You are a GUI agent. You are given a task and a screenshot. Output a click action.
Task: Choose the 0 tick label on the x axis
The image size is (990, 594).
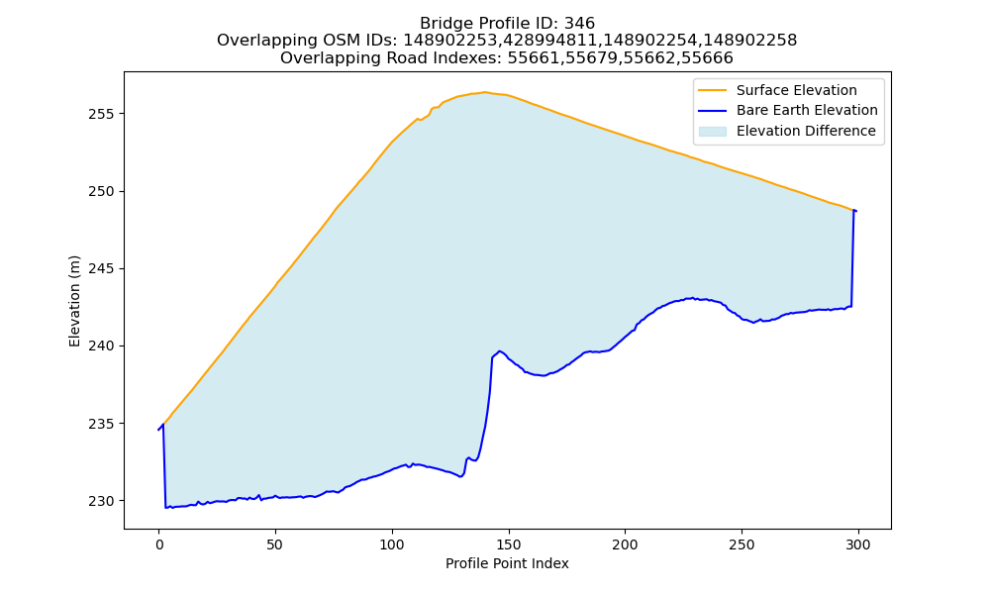click(158, 544)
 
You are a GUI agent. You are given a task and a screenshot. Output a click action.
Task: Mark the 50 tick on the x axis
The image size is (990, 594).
click(275, 544)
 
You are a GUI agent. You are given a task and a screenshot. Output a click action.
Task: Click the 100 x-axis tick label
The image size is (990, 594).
click(391, 544)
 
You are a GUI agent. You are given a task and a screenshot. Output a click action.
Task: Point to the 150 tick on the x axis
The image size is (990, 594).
click(508, 544)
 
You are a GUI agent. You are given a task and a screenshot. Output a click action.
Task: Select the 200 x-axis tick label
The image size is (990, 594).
click(625, 544)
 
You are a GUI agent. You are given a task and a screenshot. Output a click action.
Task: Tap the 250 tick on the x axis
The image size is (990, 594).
click(742, 544)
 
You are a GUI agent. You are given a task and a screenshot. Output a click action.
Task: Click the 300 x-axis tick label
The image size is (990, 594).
click(858, 544)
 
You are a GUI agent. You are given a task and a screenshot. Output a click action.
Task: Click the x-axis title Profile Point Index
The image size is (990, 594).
click(507, 563)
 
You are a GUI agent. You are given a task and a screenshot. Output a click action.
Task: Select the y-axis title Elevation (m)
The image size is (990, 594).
click(74, 301)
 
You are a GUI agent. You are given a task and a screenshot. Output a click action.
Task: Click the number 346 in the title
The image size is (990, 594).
click(579, 24)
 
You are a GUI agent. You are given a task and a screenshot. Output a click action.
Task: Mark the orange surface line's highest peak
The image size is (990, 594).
click(485, 92)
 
